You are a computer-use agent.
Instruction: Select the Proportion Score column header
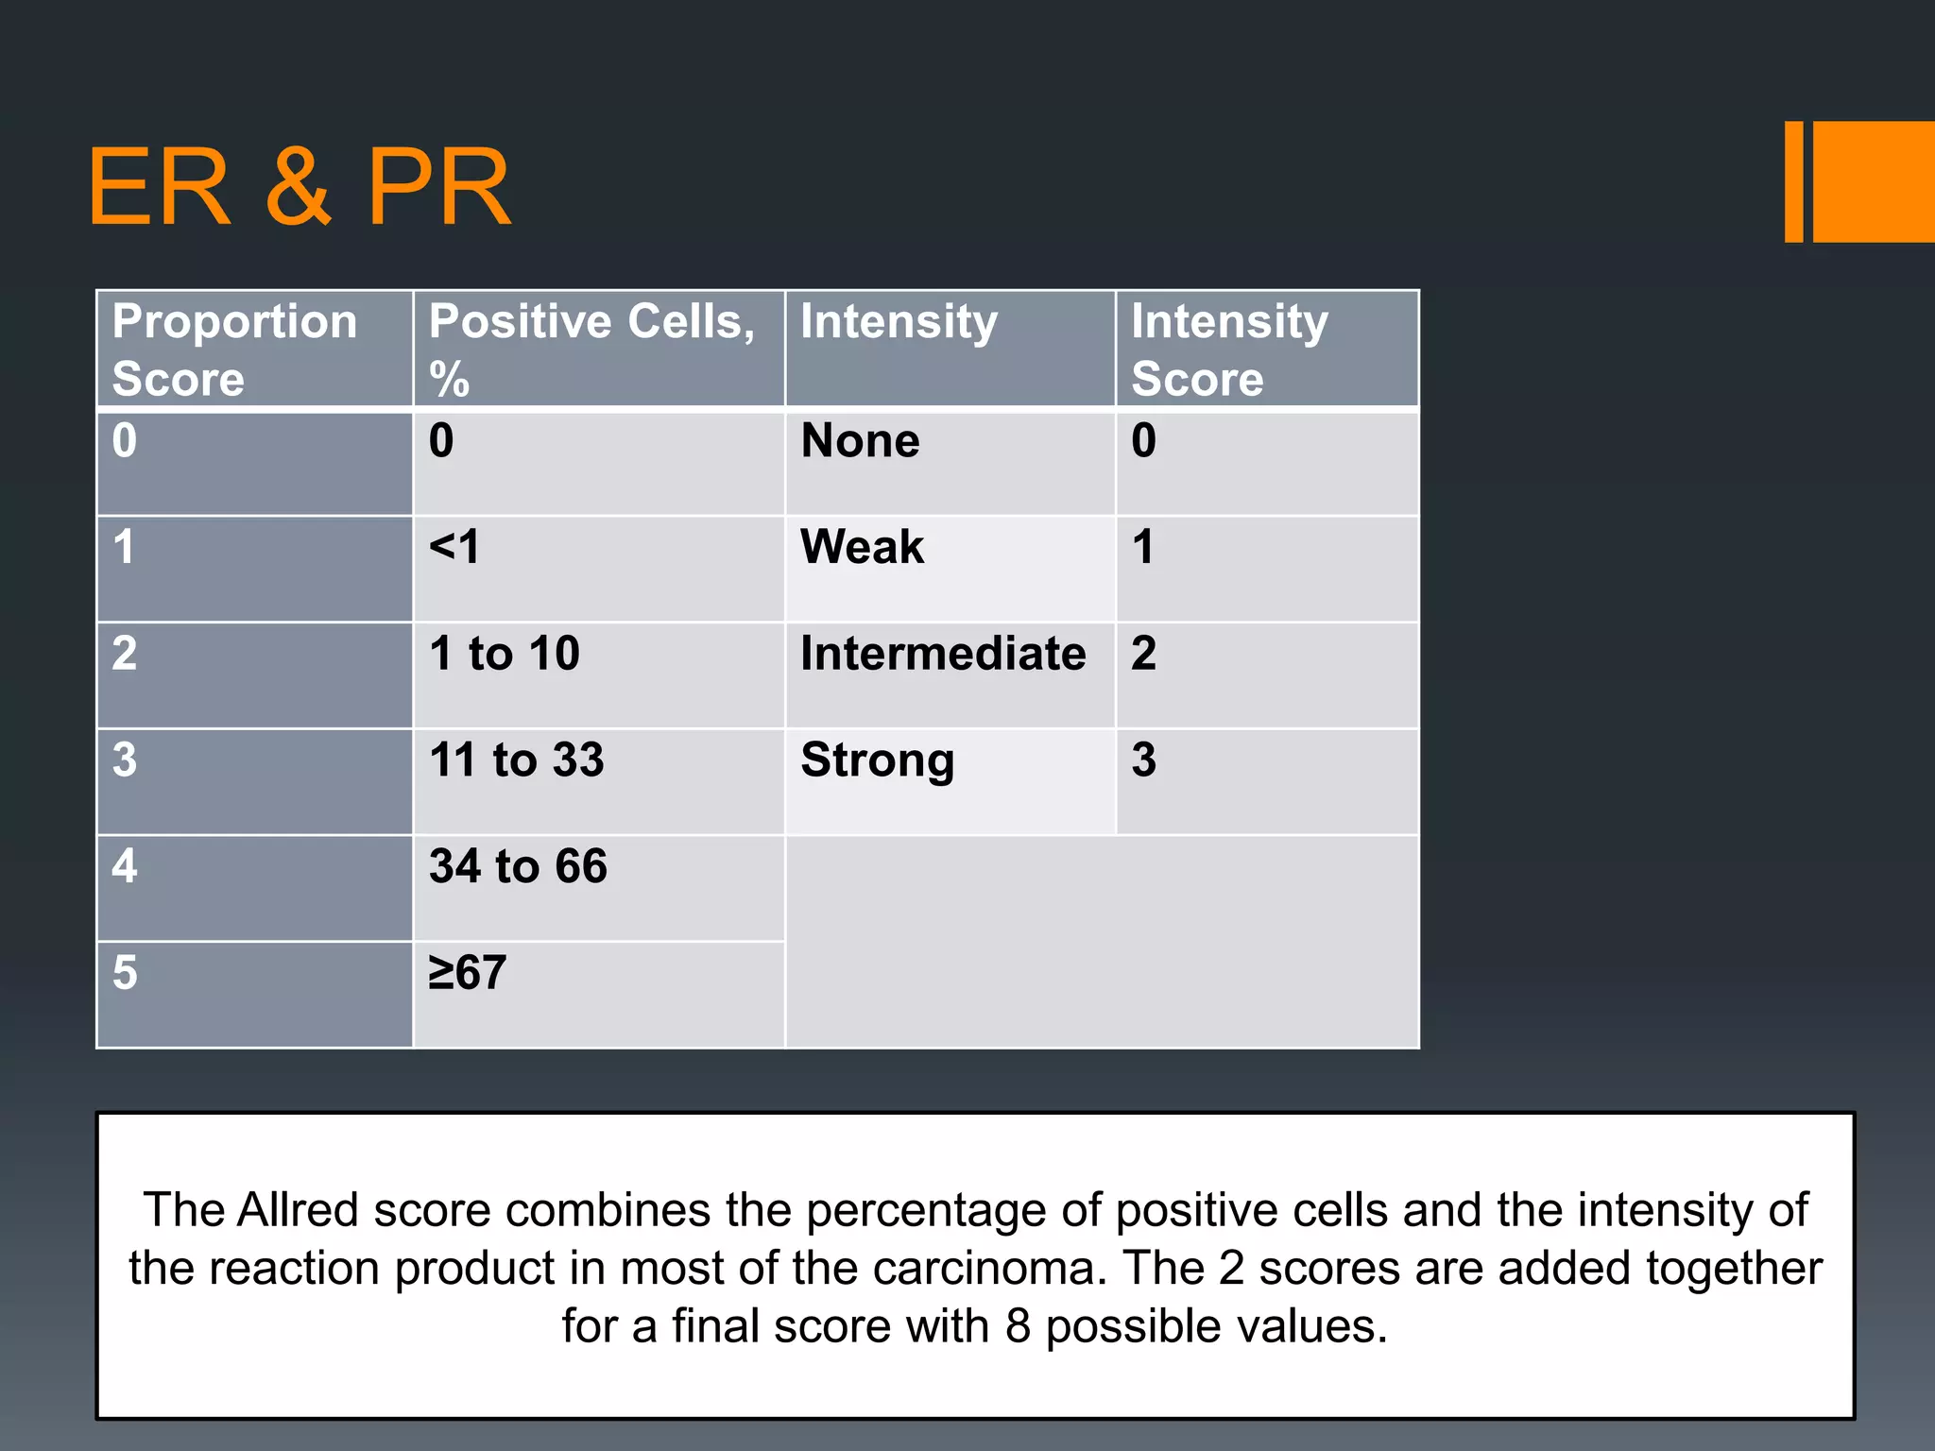pos(235,349)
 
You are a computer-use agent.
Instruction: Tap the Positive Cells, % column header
pos(592,349)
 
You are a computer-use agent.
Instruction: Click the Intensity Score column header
pos(1230,349)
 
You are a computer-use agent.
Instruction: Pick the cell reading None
pos(860,441)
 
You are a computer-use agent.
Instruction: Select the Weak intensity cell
pos(862,547)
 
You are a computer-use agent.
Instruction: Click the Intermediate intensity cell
pos(943,654)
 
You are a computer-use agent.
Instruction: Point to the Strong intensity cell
pos(878,760)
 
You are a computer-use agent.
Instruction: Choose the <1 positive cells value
pos(454,547)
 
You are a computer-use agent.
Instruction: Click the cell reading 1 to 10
pos(505,654)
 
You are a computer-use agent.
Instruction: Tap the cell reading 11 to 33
pos(516,760)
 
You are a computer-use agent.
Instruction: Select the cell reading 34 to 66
pos(518,866)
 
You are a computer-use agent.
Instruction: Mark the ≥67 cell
pos(468,973)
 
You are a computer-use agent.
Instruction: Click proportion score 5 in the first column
pos(125,973)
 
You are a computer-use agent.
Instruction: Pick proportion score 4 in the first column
pos(125,866)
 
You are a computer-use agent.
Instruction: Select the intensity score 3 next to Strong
pos(1143,760)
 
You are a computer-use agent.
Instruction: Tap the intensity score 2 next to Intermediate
pos(1143,654)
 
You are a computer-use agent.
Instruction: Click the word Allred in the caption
pos(298,1210)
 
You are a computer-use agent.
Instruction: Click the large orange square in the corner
pos(1874,181)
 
